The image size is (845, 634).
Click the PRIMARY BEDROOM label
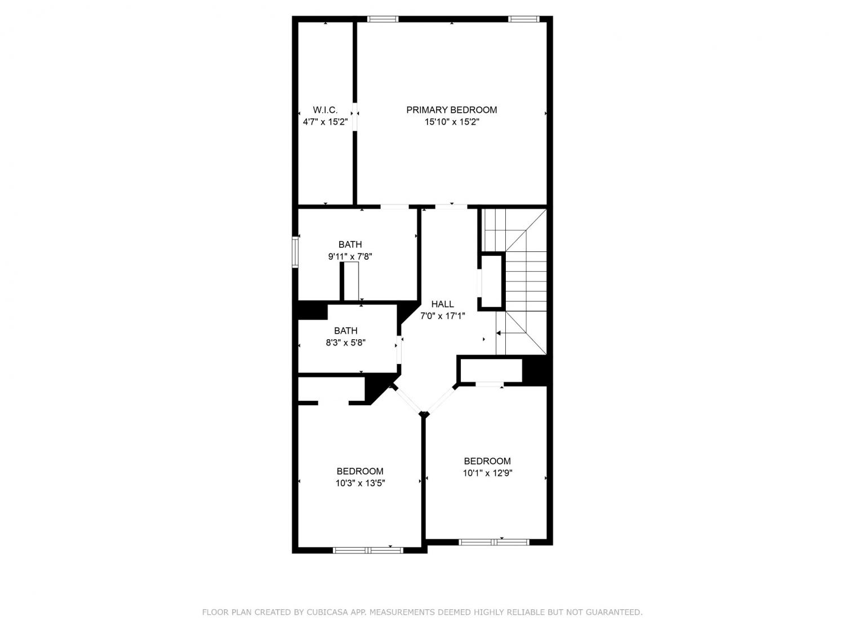(451, 110)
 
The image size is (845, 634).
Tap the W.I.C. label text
(325, 110)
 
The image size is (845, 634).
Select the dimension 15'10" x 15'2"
(452, 122)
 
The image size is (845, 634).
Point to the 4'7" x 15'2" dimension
(325, 122)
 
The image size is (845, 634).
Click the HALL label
(442, 304)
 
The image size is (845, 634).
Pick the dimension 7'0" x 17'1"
(442, 316)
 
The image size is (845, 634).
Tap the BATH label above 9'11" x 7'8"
(350, 245)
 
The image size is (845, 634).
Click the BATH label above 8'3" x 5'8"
(346, 331)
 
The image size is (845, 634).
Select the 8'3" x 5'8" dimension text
(346, 343)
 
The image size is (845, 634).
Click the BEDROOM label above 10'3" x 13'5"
(360, 471)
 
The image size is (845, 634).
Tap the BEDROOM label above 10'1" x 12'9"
(487, 461)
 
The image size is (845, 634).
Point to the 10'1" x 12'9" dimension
(487, 473)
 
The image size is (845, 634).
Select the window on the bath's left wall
(295, 252)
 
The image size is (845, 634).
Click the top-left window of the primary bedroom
(383, 19)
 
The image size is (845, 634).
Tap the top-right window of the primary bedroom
(523, 19)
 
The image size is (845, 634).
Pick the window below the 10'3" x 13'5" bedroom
(368, 550)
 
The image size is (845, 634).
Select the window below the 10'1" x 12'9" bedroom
(494, 542)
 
